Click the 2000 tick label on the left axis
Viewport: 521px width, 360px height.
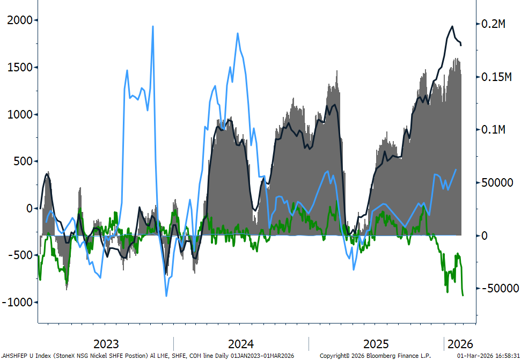(20, 20)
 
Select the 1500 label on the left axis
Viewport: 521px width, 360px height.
(20, 68)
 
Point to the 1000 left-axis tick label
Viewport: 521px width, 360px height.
(20, 115)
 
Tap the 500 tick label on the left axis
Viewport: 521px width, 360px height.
(23, 161)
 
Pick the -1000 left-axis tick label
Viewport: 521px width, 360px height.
(17, 303)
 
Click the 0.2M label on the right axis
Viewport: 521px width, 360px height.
(493, 24)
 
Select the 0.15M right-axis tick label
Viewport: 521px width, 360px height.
(496, 77)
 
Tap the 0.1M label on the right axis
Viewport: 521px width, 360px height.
(493, 129)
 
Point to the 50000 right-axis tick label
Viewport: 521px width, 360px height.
(497, 182)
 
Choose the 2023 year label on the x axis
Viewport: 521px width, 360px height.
(106, 344)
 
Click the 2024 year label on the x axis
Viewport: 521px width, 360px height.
(241, 344)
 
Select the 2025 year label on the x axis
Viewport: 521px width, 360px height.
(376, 344)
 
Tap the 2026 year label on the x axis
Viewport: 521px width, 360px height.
(460, 344)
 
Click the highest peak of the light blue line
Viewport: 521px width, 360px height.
(153, 26)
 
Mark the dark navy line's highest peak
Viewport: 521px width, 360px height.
(452, 27)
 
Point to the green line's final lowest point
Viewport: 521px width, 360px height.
(463, 295)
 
